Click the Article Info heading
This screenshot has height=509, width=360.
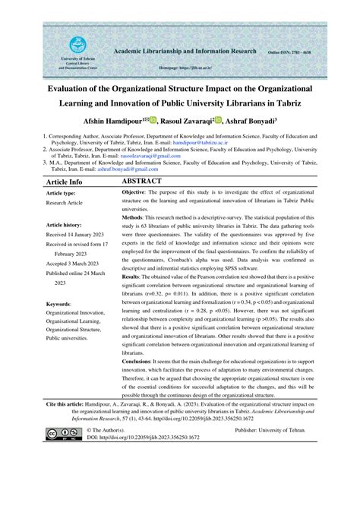[x=65, y=183]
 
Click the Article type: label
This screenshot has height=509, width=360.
[x=66, y=195]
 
